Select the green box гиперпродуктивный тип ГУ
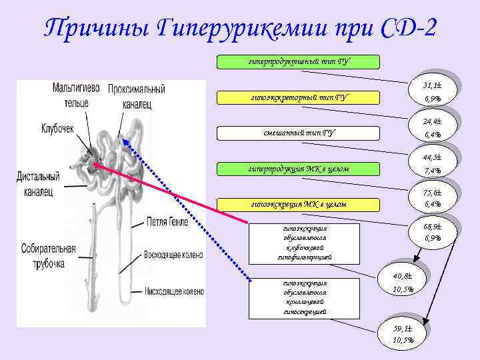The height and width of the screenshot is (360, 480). [x=299, y=63]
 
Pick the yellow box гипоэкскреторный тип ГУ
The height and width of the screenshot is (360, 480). [x=299, y=98]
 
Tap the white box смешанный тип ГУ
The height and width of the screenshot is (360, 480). [x=299, y=133]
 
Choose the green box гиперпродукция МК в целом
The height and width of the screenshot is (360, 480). [x=299, y=169]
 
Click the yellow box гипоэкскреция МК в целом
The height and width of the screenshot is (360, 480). [x=299, y=203]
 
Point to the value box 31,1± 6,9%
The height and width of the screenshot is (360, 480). [x=431, y=92]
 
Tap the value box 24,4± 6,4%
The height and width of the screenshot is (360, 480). [x=431, y=128]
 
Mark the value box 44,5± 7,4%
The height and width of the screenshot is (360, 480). [x=431, y=164]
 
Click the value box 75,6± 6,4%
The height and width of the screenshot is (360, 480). [x=431, y=198]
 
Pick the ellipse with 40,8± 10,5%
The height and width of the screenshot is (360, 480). [x=403, y=282]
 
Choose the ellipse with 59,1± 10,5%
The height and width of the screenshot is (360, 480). [x=403, y=334]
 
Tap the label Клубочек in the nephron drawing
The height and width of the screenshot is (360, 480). [x=57, y=127]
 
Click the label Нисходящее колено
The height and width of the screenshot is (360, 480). [x=174, y=291]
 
